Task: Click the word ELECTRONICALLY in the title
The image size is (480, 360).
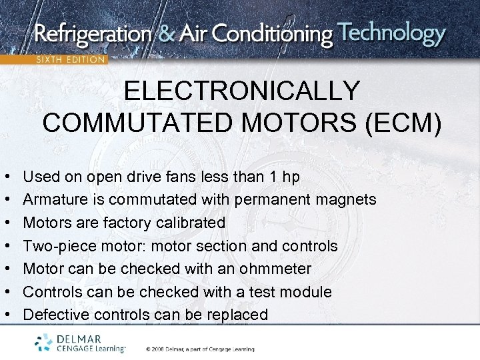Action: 242,91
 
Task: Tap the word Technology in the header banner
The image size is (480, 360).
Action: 391,33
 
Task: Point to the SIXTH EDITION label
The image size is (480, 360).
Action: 70,59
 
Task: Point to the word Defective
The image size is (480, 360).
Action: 55,315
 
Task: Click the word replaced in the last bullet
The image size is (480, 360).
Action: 237,315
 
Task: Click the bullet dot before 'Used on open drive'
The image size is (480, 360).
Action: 6,177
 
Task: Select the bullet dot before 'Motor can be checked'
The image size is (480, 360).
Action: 6,269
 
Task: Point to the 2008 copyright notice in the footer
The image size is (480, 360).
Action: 200,349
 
